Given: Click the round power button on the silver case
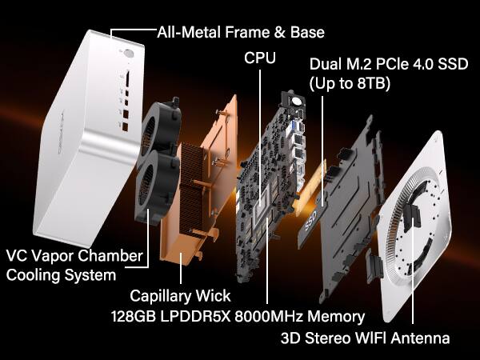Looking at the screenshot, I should tap(129, 55).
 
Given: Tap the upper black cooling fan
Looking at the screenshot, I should tap(165, 133).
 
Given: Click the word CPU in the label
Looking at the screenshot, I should tap(260, 58).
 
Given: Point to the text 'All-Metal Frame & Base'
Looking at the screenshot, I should tap(242, 33).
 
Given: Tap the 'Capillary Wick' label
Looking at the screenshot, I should tap(174, 295).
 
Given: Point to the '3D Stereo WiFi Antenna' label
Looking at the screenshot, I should tap(365, 338).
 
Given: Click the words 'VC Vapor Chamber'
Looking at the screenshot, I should tap(74, 256).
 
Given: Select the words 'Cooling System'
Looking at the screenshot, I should tap(61, 275).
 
